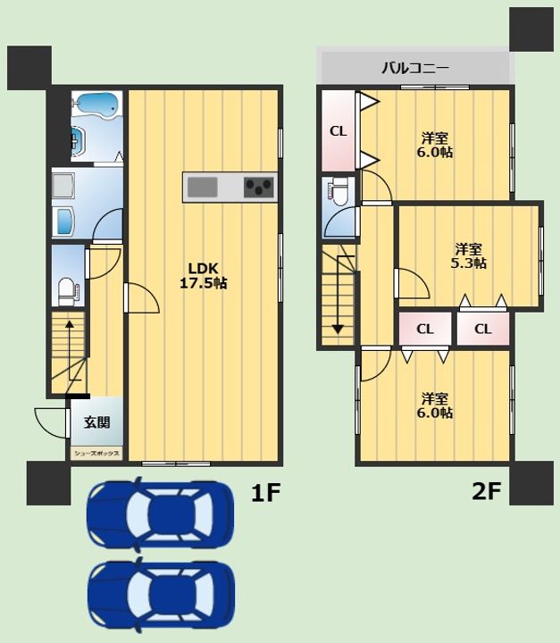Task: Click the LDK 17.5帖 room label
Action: point(204,276)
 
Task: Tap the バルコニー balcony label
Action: point(415,68)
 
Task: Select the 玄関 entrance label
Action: point(97,422)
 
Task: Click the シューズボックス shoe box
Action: point(96,454)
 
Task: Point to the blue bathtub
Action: point(97,105)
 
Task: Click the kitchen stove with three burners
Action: point(258,187)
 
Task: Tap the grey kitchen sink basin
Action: point(202,187)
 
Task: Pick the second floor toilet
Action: point(338,191)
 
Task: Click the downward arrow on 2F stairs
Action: point(338,296)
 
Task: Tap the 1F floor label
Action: point(265,492)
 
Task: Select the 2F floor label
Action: point(487,491)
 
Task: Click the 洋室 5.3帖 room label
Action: point(469,256)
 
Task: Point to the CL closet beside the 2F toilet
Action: point(338,130)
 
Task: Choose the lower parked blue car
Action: point(161,594)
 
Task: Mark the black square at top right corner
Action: point(531,29)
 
